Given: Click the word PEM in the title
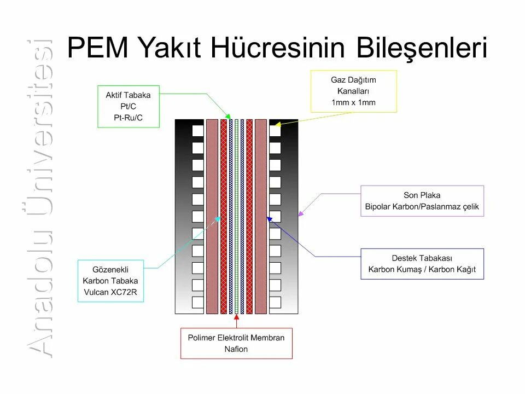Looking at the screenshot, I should pyautogui.click(x=98, y=48).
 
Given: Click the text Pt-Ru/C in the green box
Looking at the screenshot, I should pyautogui.click(x=128, y=117).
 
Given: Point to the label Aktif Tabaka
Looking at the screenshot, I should pyautogui.click(x=128, y=95).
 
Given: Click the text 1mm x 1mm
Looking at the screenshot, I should pyautogui.click(x=353, y=102).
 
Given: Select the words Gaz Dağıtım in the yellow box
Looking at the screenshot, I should pyautogui.click(x=353, y=80).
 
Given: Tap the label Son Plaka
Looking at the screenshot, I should pyautogui.click(x=422, y=195).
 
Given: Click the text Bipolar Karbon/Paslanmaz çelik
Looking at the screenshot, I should pyautogui.click(x=422, y=207).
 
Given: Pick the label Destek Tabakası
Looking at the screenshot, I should pyautogui.click(x=422, y=258).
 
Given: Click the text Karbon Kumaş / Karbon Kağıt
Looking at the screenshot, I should pyautogui.click(x=422, y=269).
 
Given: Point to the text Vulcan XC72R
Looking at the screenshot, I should pyautogui.click(x=110, y=292).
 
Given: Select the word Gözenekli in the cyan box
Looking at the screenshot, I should pyautogui.click(x=110, y=269).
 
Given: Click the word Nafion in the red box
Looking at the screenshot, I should pyautogui.click(x=236, y=349).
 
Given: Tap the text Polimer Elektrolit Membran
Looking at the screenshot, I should pyautogui.click(x=236, y=338).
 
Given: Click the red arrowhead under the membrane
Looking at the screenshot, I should pyautogui.click(x=236, y=316).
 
